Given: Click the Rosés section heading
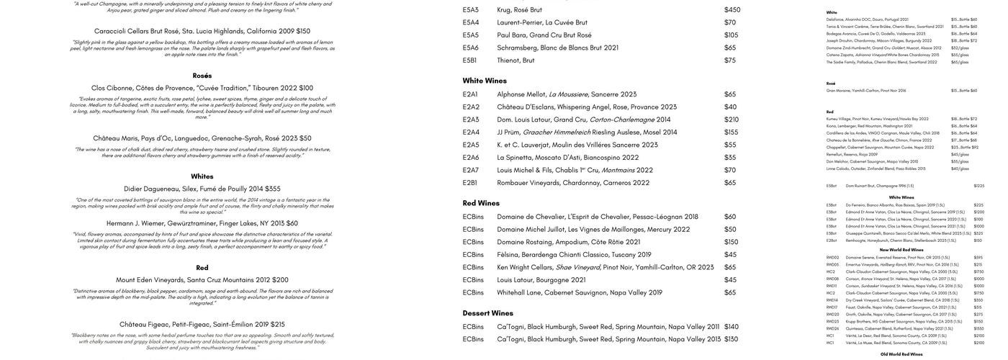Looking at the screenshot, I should pyautogui.click(x=202, y=76).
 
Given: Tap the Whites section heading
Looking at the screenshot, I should pyautogui.click(x=202, y=176).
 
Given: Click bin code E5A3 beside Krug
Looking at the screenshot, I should pyautogui.click(x=471, y=10).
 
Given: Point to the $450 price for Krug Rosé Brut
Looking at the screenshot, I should pyautogui.click(x=732, y=10).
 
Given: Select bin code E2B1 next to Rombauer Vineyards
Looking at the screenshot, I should pyautogui.click(x=471, y=183).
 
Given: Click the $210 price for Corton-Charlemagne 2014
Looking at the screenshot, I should pyautogui.click(x=732, y=120).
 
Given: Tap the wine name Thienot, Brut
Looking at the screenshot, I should pyautogui.click(x=516, y=60).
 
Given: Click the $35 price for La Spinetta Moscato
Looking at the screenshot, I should pyautogui.click(x=730, y=158).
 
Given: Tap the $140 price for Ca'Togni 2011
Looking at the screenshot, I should pyautogui.click(x=732, y=327).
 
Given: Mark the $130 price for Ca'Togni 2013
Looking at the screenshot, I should pyautogui.click(x=732, y=339).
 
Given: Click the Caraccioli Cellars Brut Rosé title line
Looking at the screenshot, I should pyautogui.click(x=202, y=31).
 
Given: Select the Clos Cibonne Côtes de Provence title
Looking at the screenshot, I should pyautogui.click(x=202, y=88).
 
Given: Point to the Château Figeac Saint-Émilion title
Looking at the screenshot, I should pyautogui.click(x=202, y=325).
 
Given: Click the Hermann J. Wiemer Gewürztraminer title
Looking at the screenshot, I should pyautogui.click(x=202, y=223).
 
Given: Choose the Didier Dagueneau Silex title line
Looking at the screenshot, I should pyautogui.click(x=202, y=189).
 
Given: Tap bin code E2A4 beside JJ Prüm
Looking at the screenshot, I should pyautogui.click(x=471, y=132).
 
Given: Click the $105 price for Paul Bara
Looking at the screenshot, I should pyautogui.click(x=732, y=35).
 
